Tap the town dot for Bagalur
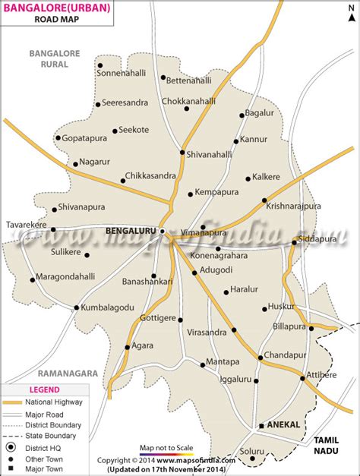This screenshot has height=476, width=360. pos(242,115)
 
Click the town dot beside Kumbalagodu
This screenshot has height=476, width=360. pos(76,307)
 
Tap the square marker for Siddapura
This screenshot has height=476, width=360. pos(295,243)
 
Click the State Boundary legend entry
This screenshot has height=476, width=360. pos(52,436)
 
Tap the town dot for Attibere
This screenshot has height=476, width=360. pos(302,377)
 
